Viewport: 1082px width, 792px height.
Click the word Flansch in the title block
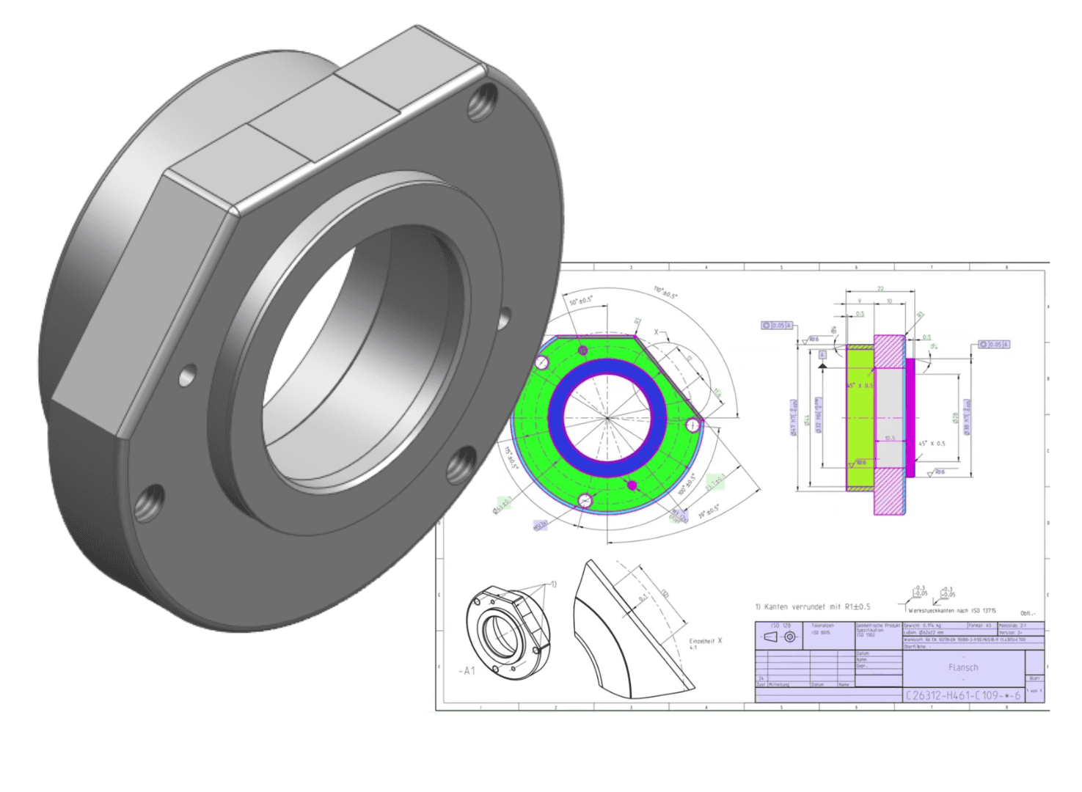[962, 667]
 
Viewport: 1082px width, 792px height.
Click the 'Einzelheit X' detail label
[705, 641]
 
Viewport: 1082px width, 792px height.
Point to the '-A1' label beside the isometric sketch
[467, 670]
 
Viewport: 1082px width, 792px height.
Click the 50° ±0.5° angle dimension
[580, 301]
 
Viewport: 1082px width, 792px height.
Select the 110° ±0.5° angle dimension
[666, 293]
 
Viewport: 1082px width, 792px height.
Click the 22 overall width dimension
[880, 289]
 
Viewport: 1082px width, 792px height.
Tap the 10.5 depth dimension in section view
[889, 439]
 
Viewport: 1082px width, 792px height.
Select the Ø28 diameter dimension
[956, 417]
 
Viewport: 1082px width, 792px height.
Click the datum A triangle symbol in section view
[822, 364]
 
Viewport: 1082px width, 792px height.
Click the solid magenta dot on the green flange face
[632, 485]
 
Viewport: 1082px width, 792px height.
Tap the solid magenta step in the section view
[910, 418]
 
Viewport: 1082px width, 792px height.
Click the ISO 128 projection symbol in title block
[781, 637]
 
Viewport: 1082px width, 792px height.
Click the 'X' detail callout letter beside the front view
[657, 332]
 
